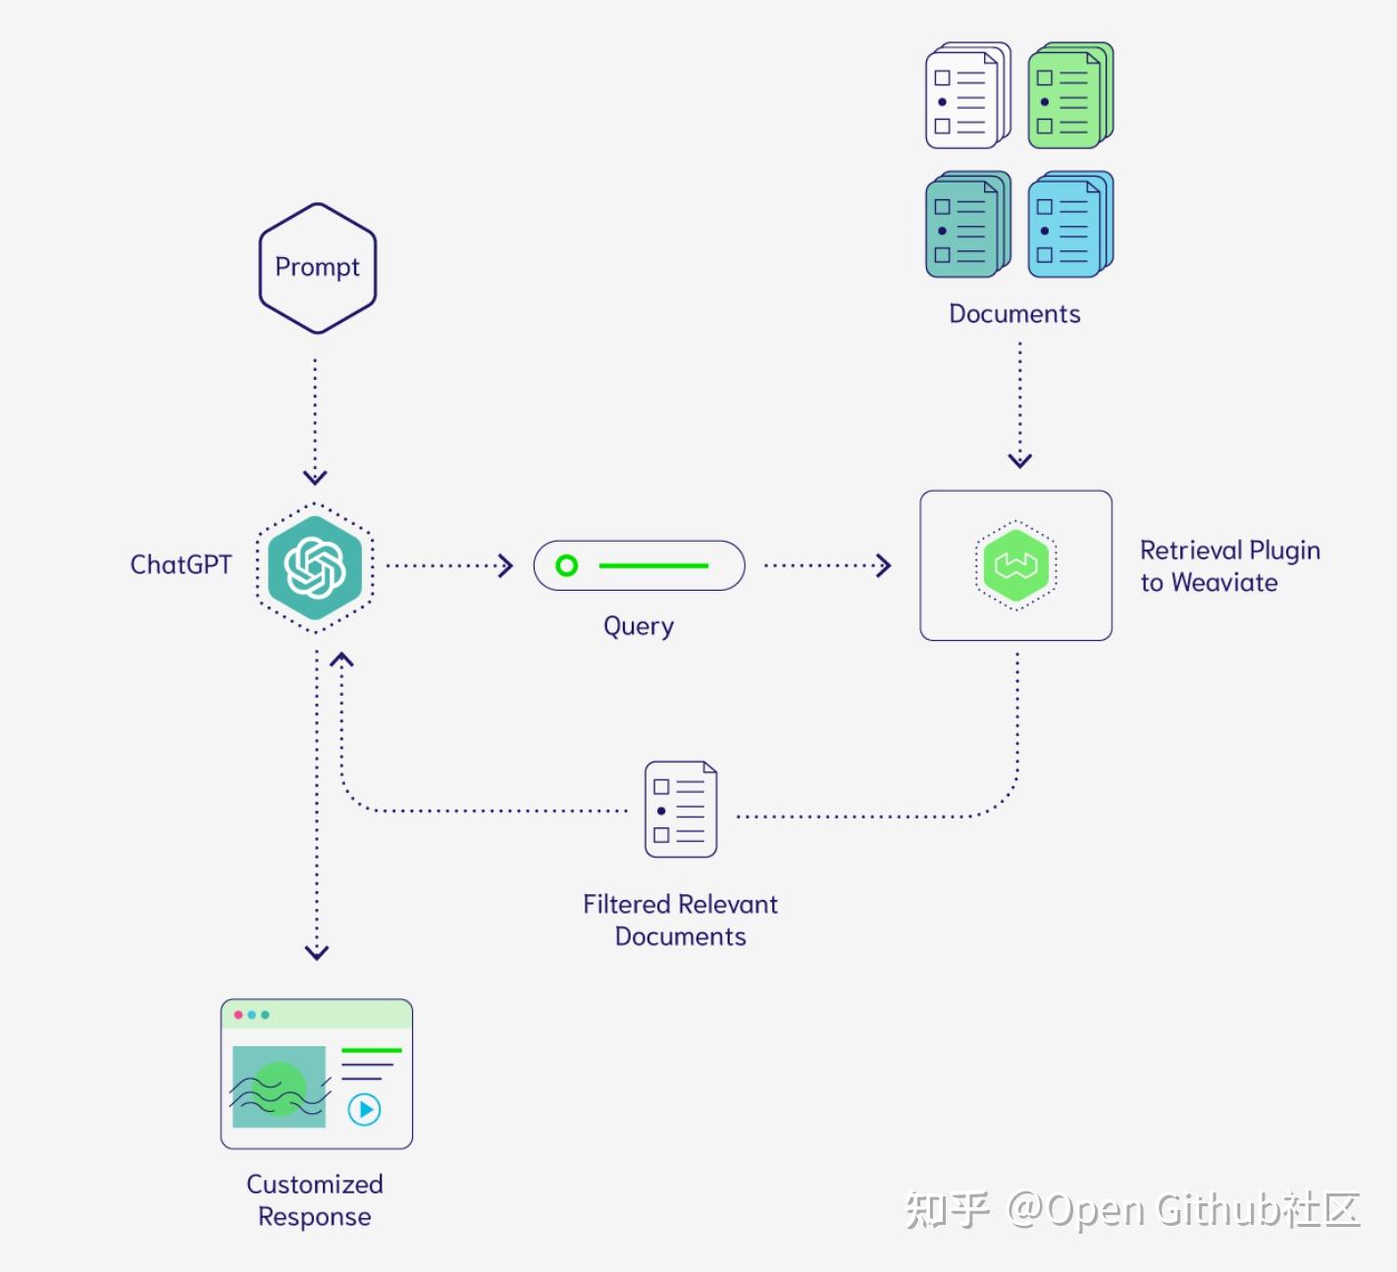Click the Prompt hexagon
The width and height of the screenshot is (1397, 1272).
click(x=317, y=267)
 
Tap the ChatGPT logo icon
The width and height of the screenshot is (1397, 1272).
click(x=315, y=566)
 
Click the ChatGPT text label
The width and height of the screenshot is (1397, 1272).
click(x=181, y=564)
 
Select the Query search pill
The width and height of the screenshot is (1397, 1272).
click(x=639, y=565)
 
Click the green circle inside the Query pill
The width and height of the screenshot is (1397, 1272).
click(x=566, y=565)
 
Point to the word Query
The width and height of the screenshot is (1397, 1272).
click(x=639, y=626)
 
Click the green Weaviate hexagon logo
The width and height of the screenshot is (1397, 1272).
click(x=1015, y=565)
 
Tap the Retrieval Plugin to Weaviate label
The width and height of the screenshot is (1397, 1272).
click(x=1229, y=566)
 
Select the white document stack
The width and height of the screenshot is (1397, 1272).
click(x=966, y=96)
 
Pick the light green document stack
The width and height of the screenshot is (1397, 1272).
click(x=1069, y=96)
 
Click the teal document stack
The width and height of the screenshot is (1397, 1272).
click(x=966, y=225)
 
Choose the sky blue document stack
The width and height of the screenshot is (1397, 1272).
click(x=1069, y=225)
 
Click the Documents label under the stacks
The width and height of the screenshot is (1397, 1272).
click(x=1014, y=314)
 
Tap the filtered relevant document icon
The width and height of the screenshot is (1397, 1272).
click(x=681, y=810)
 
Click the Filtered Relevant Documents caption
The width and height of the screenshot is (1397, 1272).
click(x=680, y=920)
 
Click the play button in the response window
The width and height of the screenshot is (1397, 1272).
click(x=365, y=1109)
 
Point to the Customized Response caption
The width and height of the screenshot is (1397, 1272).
click(x=315, y=1199)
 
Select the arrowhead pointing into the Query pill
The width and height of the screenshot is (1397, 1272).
click(x=506, y=565)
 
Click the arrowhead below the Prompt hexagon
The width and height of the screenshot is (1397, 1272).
click(x=315, y=477)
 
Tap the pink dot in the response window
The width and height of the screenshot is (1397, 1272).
click(x=238, y=1015)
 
